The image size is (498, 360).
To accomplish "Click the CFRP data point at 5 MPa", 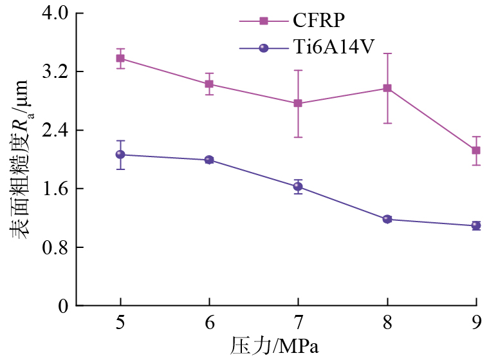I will click(120, 59).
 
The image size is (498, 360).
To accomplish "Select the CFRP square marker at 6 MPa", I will click(209, 84).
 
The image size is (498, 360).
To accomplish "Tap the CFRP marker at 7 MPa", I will click(298, 103).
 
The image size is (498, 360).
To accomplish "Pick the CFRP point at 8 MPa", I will click(387, 88).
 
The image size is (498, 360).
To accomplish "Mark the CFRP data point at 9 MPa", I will click(476, 151).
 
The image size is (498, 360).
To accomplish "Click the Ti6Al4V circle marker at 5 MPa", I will click(120, 155).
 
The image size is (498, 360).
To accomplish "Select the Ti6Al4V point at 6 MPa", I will click(209, 160).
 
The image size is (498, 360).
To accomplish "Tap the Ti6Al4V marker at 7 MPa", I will click(298, 187).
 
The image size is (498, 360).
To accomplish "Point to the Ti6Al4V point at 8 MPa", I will click(387, 219).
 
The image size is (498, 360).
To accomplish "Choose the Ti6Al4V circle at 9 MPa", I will click(476, 225).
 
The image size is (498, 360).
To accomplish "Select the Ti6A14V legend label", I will click(333, 48).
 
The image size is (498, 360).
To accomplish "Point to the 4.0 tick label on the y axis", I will click(55, 14).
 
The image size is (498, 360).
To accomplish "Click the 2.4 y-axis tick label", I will click(55, 131).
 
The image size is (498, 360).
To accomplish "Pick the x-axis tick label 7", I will click(298, 323).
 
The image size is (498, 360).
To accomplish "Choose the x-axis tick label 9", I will click(476, 323).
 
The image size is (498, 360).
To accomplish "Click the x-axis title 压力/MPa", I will click(275, 346).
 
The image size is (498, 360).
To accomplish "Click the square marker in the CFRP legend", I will click(264, 21).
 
